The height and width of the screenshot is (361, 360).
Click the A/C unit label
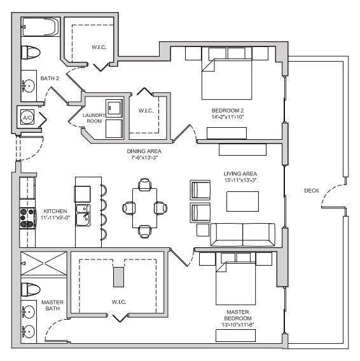pos(27,118)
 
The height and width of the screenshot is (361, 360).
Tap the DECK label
pos(311,190)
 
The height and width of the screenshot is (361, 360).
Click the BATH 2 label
pos(50,79)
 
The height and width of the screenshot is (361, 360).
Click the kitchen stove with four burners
pos(27,219)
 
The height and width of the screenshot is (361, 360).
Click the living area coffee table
pos(243,201)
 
